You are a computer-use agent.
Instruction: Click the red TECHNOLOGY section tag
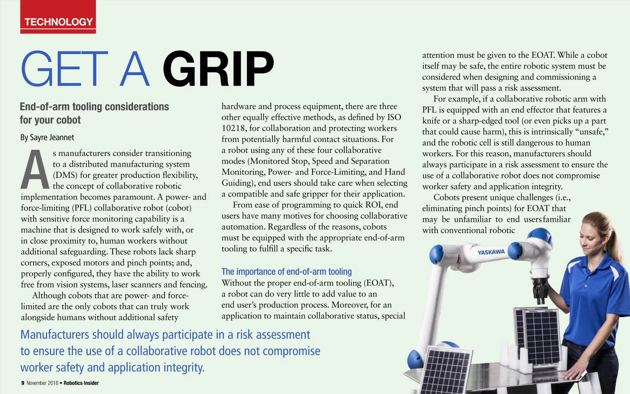coord(58,22)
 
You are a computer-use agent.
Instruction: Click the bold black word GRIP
coord(218,69)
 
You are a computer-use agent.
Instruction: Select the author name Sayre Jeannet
coord(52,137)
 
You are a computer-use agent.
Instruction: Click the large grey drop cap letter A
coord(35,170)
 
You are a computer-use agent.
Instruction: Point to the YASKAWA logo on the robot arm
coord(491,252)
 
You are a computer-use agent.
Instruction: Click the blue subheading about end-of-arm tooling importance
coord(286,272)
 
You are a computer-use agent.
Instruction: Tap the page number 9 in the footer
coord(23,383)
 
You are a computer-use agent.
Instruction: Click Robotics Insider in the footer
coord(81,383)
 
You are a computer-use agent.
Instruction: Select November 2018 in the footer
coord(42,383)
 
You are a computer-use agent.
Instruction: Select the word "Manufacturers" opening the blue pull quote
coord(55,335)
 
